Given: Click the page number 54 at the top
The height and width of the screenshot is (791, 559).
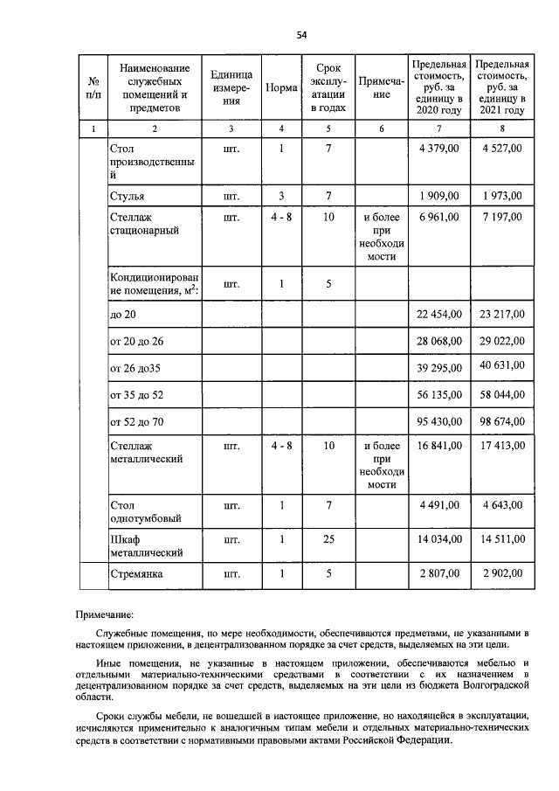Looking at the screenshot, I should point(301,35).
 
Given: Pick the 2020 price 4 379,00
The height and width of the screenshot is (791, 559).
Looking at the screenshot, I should point(439,149).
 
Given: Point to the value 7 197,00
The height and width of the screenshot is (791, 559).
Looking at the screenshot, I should point(502,217).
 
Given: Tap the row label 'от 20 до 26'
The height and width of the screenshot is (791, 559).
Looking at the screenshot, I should point(137,341).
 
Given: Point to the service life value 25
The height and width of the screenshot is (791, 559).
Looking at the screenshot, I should point(328,540).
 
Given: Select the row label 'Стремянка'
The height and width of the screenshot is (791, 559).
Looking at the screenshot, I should point(139,575).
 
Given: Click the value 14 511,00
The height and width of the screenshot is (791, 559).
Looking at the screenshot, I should point(502,540).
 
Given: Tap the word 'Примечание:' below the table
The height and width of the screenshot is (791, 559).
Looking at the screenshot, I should point(106,615).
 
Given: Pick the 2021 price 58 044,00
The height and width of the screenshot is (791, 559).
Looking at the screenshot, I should point(502,395).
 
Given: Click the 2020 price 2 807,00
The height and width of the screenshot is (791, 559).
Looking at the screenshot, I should point(439,574).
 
